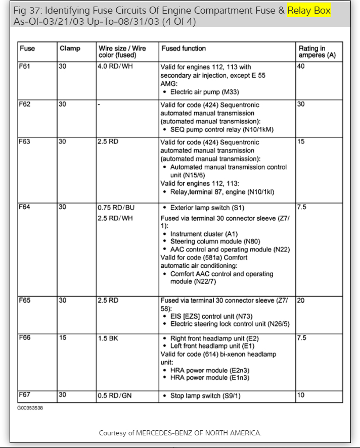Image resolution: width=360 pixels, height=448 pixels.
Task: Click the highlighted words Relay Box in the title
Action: click(308, 11)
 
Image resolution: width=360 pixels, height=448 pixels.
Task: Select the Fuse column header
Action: click(27, 48)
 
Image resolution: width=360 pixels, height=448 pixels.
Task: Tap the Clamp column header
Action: click(70, 48)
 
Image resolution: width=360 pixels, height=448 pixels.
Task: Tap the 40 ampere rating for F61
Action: click(301, 66)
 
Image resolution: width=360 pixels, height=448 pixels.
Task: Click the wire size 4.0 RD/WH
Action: click(115, 66)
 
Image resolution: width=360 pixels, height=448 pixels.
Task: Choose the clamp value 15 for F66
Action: click(62, 338)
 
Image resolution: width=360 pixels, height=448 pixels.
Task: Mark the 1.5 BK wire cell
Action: click(108, 338)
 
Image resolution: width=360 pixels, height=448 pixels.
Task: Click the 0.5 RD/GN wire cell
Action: click(115, 395)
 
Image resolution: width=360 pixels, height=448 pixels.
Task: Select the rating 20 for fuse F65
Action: click(301, 300)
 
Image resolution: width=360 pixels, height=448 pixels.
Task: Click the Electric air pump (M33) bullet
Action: click(204, 92)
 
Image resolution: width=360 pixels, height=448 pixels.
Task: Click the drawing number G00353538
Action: click(30, 408)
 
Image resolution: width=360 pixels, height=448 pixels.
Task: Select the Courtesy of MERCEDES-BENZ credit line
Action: click(180, 433)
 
